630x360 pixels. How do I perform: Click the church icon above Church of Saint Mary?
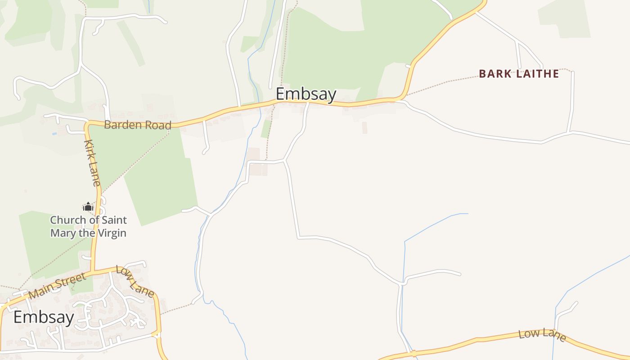[88, 207]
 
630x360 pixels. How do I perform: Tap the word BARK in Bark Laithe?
[495, 74]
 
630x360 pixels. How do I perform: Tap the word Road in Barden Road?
[157, 126]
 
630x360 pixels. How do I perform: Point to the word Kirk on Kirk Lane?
[89, 151]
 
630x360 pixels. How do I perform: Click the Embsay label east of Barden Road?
[306, 94]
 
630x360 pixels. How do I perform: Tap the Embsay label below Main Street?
[44, 317]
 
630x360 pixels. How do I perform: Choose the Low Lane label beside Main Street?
[135, 281]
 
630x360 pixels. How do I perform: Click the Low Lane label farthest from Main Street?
[542, 334]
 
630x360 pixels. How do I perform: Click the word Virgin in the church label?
[112, 233]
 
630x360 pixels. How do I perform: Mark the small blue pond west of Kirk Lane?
[54, 134]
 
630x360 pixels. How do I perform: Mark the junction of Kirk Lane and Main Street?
[93, 271]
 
